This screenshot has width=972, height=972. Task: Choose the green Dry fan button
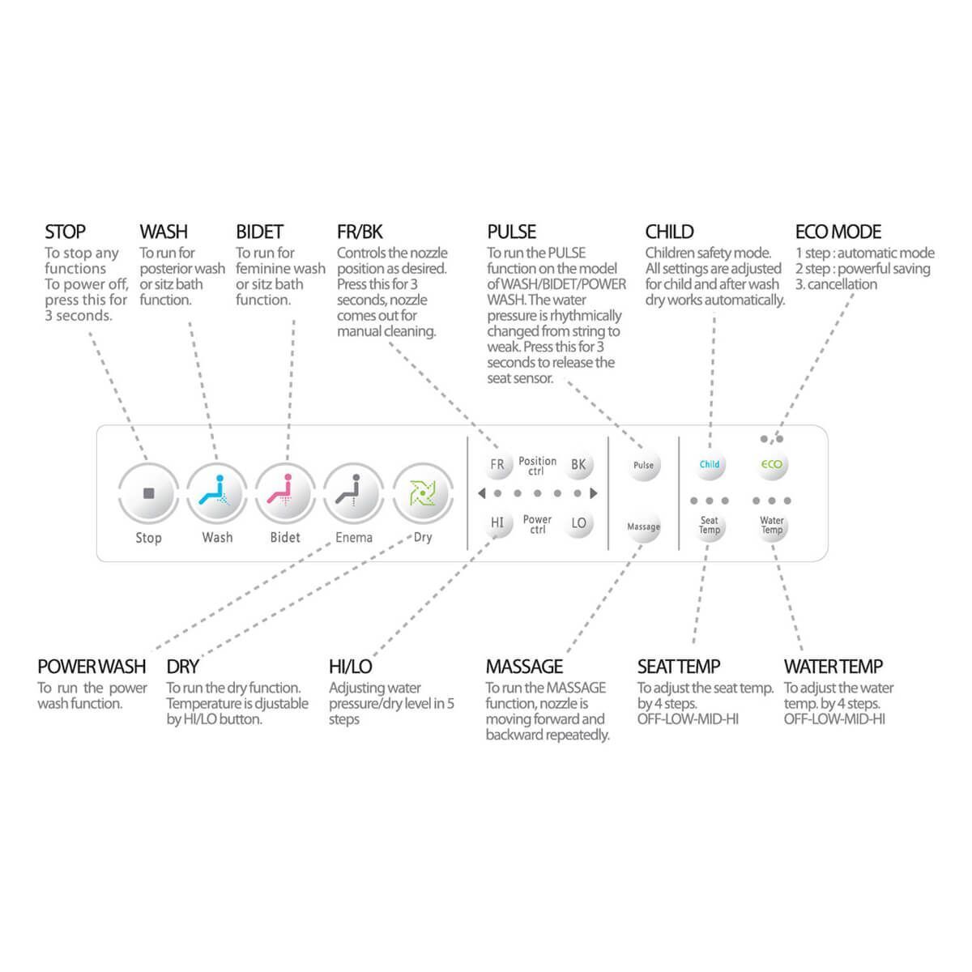(423, 492)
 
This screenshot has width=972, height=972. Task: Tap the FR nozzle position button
(497, 465)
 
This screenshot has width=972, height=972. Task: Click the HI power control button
(497, 523)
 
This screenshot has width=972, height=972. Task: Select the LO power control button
(578, 523)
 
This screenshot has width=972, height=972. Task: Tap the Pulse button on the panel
(644, 465)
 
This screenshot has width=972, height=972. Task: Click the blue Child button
(710, 464)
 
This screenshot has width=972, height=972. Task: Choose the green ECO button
(772, 464)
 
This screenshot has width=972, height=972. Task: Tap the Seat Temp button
(710, 526)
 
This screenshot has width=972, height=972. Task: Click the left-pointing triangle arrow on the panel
(482, 492)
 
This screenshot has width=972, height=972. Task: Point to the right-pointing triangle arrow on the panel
(594, 492)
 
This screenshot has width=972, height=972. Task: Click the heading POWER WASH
(92, 667)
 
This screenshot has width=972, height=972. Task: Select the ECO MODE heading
(838, 232)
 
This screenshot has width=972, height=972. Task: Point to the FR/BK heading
(360, 232)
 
